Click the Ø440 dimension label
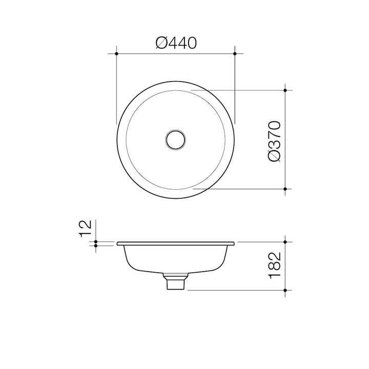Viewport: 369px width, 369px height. (176, 43)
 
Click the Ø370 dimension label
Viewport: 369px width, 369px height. (275, 141)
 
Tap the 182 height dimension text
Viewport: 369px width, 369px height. (275, 265)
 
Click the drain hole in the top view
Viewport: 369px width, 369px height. (176, 139)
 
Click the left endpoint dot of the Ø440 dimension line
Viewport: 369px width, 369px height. (117, 53)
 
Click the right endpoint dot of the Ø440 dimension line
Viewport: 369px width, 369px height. (235, 53)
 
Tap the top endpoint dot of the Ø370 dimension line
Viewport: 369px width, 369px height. (285, 90)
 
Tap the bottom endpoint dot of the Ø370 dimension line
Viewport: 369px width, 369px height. (285, 189)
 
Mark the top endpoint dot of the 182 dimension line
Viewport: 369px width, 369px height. (285, 241)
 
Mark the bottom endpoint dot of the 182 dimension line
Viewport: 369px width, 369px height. (285, 290)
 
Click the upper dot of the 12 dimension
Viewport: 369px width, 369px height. (96, 241)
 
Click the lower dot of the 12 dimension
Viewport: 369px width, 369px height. (96, 245)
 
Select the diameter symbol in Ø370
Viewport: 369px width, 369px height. (275, 155)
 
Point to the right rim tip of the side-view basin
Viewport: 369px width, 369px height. (234, 243)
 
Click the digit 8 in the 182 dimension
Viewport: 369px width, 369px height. (275, 265)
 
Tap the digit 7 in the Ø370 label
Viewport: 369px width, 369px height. (275, 137)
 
